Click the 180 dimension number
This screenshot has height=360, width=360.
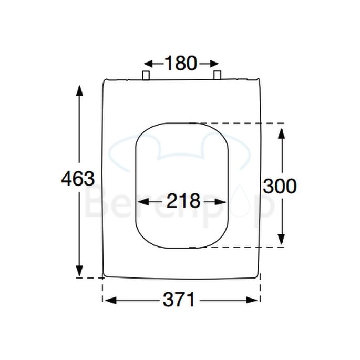[x=180, y=64]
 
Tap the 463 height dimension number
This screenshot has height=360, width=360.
[x=78, y=179]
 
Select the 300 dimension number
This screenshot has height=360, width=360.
[x=280, y=186]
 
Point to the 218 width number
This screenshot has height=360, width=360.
[x=183, y=201]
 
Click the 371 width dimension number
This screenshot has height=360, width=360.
[x=179, y=300]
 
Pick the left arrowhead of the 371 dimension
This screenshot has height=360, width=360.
[x=109, y=300]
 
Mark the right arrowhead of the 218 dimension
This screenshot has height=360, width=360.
[x=223, y=201]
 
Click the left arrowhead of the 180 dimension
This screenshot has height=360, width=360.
[x=148, y=64]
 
